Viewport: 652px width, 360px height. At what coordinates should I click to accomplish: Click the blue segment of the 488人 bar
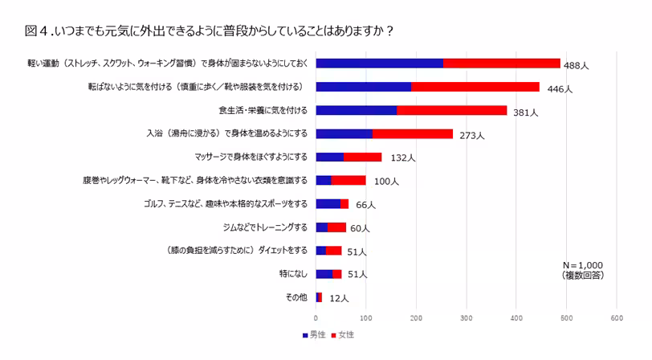tap(380, 63)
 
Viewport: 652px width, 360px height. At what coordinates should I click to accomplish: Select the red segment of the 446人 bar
tap(475, 87)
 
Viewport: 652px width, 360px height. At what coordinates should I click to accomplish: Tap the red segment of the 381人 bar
tap(452, 110)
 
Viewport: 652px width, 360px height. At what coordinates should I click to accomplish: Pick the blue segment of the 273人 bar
tap(344, 133)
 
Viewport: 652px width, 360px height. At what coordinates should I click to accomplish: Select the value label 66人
tap(365, 206)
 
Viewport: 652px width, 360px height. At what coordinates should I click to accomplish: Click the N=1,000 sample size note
tap(583, 264)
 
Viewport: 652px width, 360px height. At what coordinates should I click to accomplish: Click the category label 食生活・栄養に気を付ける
tap(262, 110)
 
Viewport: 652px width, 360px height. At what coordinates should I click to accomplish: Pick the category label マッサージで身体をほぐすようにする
tap(251, 157)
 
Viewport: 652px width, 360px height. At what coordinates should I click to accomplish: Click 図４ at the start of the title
tap(37, 32)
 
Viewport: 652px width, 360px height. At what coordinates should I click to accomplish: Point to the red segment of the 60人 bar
tap(337, 227)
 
